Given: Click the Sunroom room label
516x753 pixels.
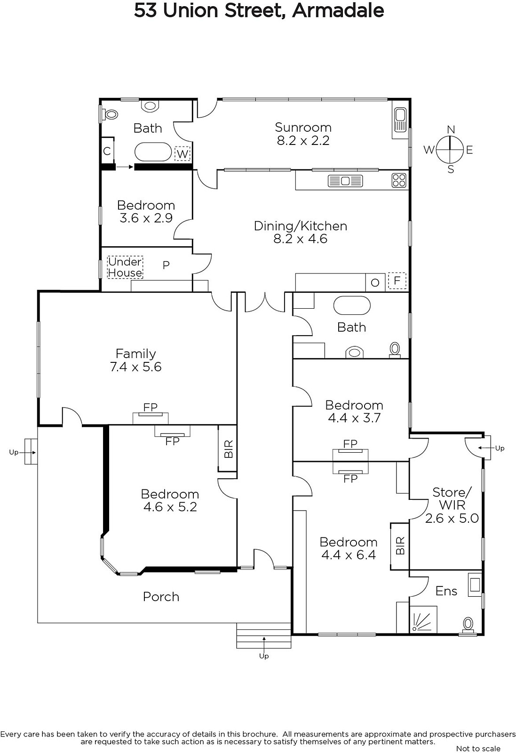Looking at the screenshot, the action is click(x=303, y=128).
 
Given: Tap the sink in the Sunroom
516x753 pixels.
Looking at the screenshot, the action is click(x=399, y=123).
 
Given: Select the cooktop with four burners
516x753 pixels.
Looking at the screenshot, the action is click(x=399, y=180).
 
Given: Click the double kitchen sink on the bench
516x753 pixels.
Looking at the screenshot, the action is click(x=345, y=181).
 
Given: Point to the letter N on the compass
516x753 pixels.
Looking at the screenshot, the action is click(x=451, y=130).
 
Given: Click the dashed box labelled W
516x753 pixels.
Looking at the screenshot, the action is click(x=183, y=153).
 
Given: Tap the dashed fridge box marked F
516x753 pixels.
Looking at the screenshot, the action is click(x=397, y=280).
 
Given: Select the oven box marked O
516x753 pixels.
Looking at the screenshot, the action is click(x=375, y=282).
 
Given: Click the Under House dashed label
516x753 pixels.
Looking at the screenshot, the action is click(x=125, y=267).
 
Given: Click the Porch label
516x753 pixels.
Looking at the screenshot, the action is click(x=161, y=597).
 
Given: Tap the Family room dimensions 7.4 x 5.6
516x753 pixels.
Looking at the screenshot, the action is click(x=136, y=367).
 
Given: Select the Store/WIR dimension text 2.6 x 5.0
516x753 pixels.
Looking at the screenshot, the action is click(x=452, y=518).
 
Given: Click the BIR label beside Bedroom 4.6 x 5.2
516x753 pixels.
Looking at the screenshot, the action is click(x=229, y=449).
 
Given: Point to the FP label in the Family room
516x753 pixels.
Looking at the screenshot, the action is click(x=150, y=407).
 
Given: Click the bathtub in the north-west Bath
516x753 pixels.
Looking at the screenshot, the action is click(x=153, y=152).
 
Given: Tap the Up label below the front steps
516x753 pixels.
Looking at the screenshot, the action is click(x=264, y=656).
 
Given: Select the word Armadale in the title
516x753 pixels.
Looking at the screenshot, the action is click(x=338, y=11).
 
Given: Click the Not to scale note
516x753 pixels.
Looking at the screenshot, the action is click(x=478, y=748).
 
